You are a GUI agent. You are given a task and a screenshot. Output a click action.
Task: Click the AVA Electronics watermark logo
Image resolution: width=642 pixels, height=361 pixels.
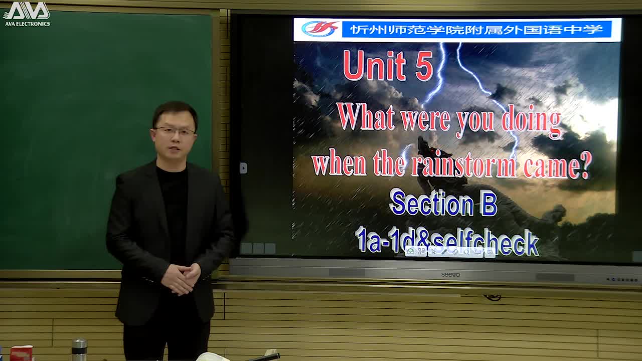[x=27, y=13]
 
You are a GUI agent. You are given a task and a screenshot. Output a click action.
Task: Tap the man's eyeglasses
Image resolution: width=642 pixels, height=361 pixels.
[x=175, y=131]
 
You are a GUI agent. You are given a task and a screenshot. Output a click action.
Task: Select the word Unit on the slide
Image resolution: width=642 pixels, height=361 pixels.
[x=374, y=66]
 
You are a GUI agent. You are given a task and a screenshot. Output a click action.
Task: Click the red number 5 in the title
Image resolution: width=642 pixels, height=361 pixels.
[x=424, y=67]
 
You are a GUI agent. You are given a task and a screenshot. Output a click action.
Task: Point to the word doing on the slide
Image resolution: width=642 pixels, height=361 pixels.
[x=531, y=121]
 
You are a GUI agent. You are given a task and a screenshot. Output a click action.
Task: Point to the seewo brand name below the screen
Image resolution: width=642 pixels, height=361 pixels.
[x=450, y=275]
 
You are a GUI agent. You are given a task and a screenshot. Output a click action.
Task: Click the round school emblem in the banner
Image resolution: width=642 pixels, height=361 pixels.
[x=319, y=29]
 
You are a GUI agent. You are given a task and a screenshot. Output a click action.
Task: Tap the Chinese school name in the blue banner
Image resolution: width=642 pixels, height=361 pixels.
[x=476, y=29]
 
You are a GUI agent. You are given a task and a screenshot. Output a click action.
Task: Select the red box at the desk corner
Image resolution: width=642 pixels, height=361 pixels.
[x=21, y=353]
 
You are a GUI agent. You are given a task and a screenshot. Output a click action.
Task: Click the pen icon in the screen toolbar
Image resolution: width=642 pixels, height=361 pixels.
[x=444, y=252]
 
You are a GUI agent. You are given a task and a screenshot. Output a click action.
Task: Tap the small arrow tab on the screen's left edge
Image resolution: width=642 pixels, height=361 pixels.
[x=243, y=168]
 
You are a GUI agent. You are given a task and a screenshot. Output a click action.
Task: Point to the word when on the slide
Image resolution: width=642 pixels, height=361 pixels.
[x=339, y=164]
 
